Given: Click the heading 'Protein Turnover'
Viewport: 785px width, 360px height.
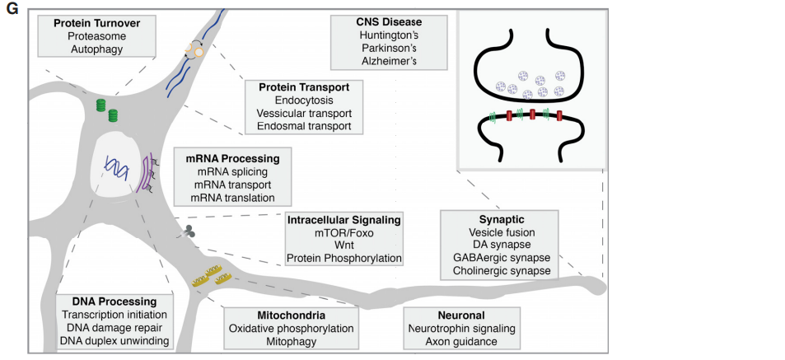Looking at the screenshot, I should tap(97, 23).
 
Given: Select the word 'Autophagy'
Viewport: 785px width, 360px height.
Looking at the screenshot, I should tap(97, 50).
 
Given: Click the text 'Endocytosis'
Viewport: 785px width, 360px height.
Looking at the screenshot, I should tap(304, 100).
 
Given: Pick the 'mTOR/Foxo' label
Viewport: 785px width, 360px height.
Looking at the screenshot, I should tap(343, 233).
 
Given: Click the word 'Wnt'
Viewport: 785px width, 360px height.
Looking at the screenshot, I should tap(343, 245).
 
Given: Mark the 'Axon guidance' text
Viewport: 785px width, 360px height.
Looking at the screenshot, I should tap(462, 341).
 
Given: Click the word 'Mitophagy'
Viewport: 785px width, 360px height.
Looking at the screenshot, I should tap(291, 341).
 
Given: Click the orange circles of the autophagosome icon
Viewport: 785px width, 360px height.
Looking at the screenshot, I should tap(194, 52).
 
